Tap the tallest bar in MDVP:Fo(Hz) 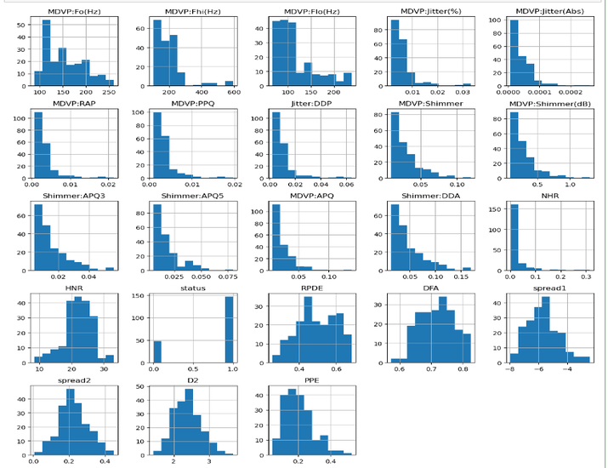point(46,54)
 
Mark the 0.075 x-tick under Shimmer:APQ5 point(230,277)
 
